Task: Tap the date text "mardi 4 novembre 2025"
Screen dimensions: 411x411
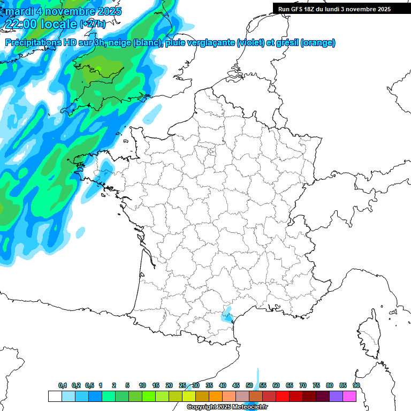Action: pos(64,11)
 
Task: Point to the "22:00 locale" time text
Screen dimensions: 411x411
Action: pos(42,24)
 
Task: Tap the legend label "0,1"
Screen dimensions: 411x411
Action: pos(63,385)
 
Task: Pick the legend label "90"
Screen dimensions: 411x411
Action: pos(356,385)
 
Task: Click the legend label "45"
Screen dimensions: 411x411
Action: pos(236,385)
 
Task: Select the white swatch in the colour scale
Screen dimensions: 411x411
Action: pos(55,396)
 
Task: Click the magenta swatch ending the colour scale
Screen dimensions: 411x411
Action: pos(349,396)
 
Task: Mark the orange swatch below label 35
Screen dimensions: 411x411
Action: pos(216,396)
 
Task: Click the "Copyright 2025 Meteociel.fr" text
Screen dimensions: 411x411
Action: pos(227,407)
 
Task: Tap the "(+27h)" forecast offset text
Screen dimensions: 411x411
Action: pos(93,24)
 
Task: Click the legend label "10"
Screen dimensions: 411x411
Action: pos(142,385)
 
